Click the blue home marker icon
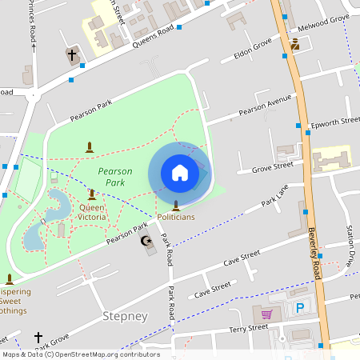coord(179,173)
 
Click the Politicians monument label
coord(175,217)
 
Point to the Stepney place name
coord(125,316)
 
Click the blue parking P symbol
coord(301,307)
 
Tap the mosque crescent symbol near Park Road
coord(146,241)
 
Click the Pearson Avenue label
coord(265,105)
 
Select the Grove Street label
coord(273,168)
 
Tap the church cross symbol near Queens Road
coord(72,55)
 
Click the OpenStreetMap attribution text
coord(81,354)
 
